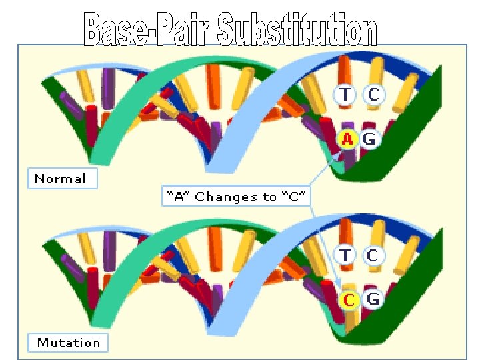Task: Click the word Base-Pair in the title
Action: (x=147, y=31)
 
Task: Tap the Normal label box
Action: (x=61, y=179)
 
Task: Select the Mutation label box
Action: (x=68, y=343)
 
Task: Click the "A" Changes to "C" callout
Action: (x=235, y=197)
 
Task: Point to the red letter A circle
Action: (x=347, y=139)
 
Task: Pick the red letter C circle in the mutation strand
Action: (x=347, y=300)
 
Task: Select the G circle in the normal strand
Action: (x=370, y=139)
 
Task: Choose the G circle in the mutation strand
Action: (x=373, y=300)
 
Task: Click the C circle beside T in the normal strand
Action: (x=373, y=95)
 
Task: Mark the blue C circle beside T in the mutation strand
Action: (x=373, y=255)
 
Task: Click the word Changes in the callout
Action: (x=226, y=197)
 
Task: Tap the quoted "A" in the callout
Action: (x=179, y=197)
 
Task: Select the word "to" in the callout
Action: (x=269, y=197)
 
